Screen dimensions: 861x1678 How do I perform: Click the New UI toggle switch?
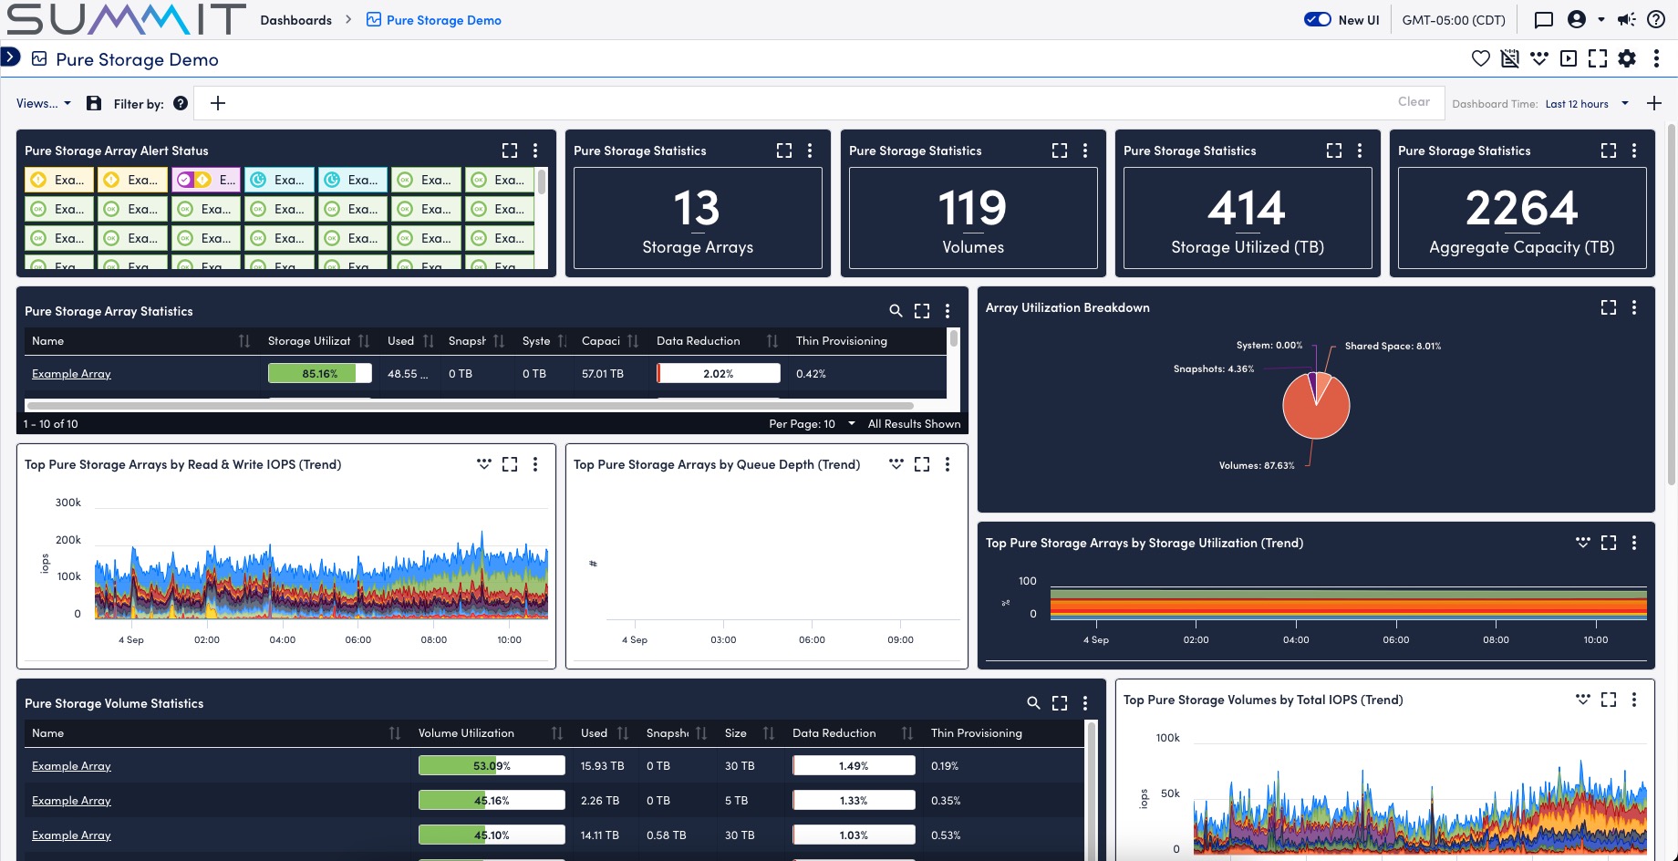(x=1318, y=19)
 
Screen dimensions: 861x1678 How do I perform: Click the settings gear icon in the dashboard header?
(x=1627, y=59)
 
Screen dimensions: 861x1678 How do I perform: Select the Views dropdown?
(x=43, y=103)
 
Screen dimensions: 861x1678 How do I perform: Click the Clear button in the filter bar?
(x=1414, y=101)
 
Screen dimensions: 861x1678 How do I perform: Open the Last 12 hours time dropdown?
(x=1587, y=104)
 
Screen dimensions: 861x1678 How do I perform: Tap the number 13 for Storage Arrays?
(x=697, y=208)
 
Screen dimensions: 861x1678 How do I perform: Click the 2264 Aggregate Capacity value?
(x=1521, y=208)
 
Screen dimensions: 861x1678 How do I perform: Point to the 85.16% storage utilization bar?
(x=319, y=373)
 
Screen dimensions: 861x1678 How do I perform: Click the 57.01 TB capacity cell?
(x=602, y=374)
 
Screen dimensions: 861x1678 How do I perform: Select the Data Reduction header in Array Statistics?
(x=698, y=341)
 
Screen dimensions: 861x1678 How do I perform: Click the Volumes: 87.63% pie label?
(x=1257, y=465)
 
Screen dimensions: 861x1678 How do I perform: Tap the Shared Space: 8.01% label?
(x=1393, y=346)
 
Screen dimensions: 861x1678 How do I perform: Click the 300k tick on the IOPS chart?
(x=68, y=503)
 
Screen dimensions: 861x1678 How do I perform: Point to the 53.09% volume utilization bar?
(x=491, y=766)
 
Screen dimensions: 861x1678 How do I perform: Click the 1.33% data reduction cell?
(x=853, y=801)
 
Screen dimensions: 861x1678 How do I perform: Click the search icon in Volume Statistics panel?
(x=1033, y=703)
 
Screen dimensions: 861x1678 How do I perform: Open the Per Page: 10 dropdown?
(x=812, y=424)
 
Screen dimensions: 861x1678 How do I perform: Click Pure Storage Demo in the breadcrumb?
(x=443, y=20)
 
